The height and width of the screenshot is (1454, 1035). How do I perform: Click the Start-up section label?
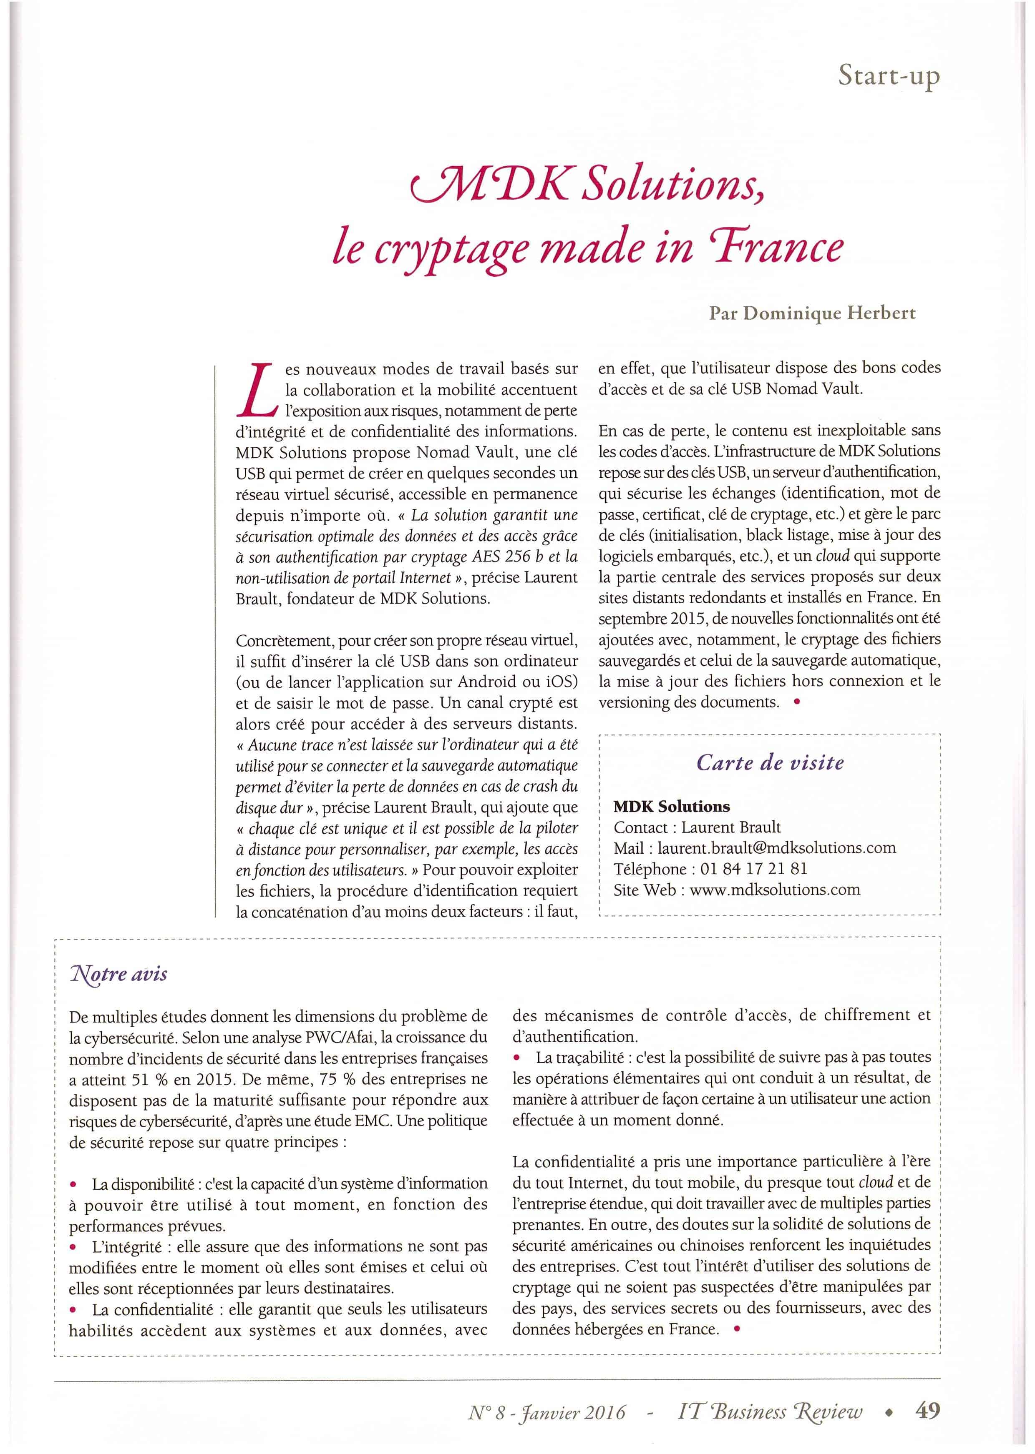[889, 76]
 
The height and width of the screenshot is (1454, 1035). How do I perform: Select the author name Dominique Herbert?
[841, 313]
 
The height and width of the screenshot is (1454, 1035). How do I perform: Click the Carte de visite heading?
[770, 762]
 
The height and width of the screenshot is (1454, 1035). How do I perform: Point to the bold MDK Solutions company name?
[671, 806]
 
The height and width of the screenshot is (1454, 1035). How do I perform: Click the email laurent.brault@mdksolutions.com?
[776, 848]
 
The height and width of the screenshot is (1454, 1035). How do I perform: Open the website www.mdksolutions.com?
[774, 890]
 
